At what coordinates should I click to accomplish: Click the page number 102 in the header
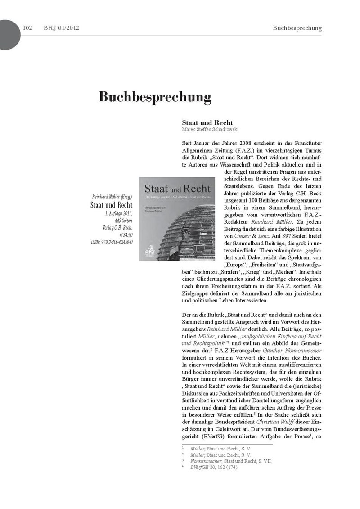(x=27, y=28)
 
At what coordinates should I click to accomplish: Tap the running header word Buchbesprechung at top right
(x=297, y=28)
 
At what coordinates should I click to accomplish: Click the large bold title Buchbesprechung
(x=155, y=97)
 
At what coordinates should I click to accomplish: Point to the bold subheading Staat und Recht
(x=207, y=122)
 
